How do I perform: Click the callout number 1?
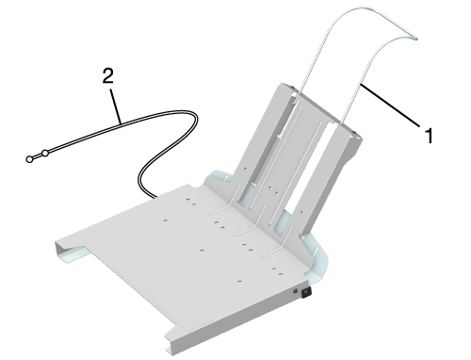pyautogui.click(x=429, y=136)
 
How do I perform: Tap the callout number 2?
pyautogui.click(x=107, y=76)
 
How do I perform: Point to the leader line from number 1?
pyautogui.click(x=390, y=106)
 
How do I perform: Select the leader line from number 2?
pyautogui.click(x=116, y=106)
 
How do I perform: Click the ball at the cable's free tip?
pyautogui.click(x=29, y=159)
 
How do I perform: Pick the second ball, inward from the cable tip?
pyautogui.click(x=45, y=154)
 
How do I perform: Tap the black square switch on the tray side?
pyautogui.click(x=306, y=292)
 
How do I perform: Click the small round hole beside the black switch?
pyautogui.click(x=295, y=291)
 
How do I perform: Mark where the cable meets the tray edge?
pyautogui.click(x=155, y=198)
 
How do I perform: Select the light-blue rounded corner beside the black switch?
pyautogui.click(x=317, y=262)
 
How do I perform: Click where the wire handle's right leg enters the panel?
pyautogui.click(x=341, y=124)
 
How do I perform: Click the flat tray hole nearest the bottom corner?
pyautogui.click(x=239, y=281)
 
